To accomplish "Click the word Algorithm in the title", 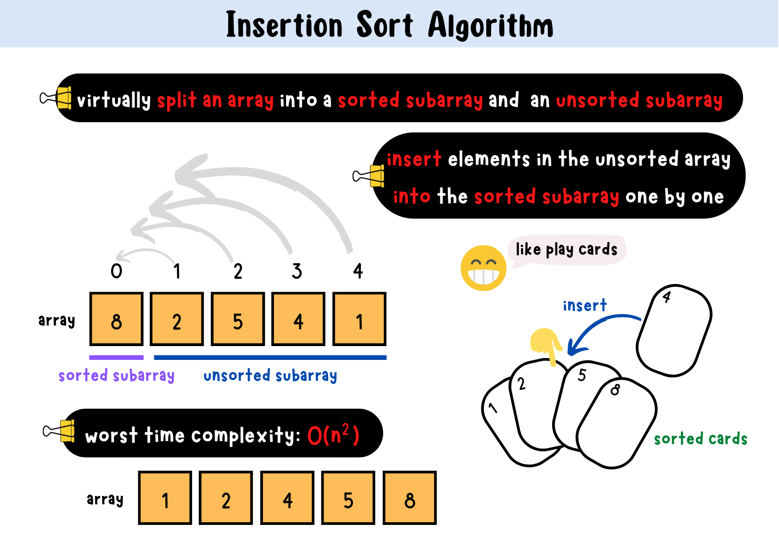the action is [491, 26].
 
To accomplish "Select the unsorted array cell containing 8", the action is [116, 319].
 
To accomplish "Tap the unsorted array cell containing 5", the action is [238, 319].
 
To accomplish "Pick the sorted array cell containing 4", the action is [287, 498].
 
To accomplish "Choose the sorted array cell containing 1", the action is [165, 498].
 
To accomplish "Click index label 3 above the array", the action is [297, 271].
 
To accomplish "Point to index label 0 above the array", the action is [116, 271].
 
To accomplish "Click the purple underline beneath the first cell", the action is [116, 357].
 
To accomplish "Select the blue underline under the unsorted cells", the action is [270, 357].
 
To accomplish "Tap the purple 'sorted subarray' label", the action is [116, 376].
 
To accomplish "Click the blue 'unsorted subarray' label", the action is [270, 376].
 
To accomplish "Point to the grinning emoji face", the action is [484, 268].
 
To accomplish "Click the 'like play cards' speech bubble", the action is [567, 250].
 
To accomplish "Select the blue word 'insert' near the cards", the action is [585, 305].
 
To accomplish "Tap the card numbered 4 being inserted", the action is [674, 330].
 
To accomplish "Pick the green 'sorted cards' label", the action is [701, 439].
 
